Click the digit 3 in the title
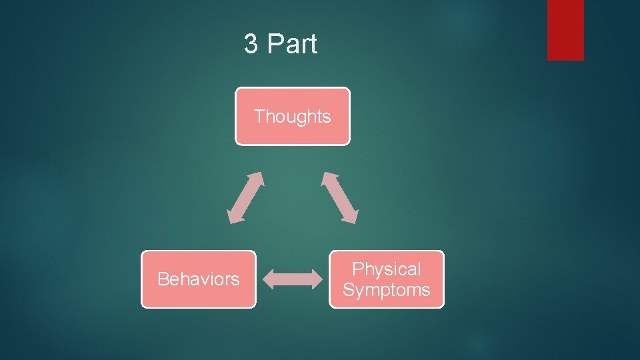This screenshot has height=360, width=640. pos(251,45)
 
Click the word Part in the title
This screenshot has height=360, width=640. pos(291,45)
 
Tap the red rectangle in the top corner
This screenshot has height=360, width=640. pos(565,29)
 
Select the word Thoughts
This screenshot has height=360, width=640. pos(292,117)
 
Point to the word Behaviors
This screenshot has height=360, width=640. pos(198,279)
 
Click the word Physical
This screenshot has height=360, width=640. pos(387,269)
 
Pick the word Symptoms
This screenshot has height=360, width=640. pos(387,290)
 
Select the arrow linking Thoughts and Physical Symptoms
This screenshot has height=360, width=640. pos(340,197)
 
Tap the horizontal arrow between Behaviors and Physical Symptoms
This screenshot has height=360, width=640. pos(292,279)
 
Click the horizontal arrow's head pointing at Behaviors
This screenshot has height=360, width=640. pos(268,279)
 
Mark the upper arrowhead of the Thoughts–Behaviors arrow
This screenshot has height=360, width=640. pos(257,178)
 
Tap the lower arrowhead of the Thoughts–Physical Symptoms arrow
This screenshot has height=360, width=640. pos(352,215)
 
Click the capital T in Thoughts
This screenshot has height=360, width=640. pos(259,117)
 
